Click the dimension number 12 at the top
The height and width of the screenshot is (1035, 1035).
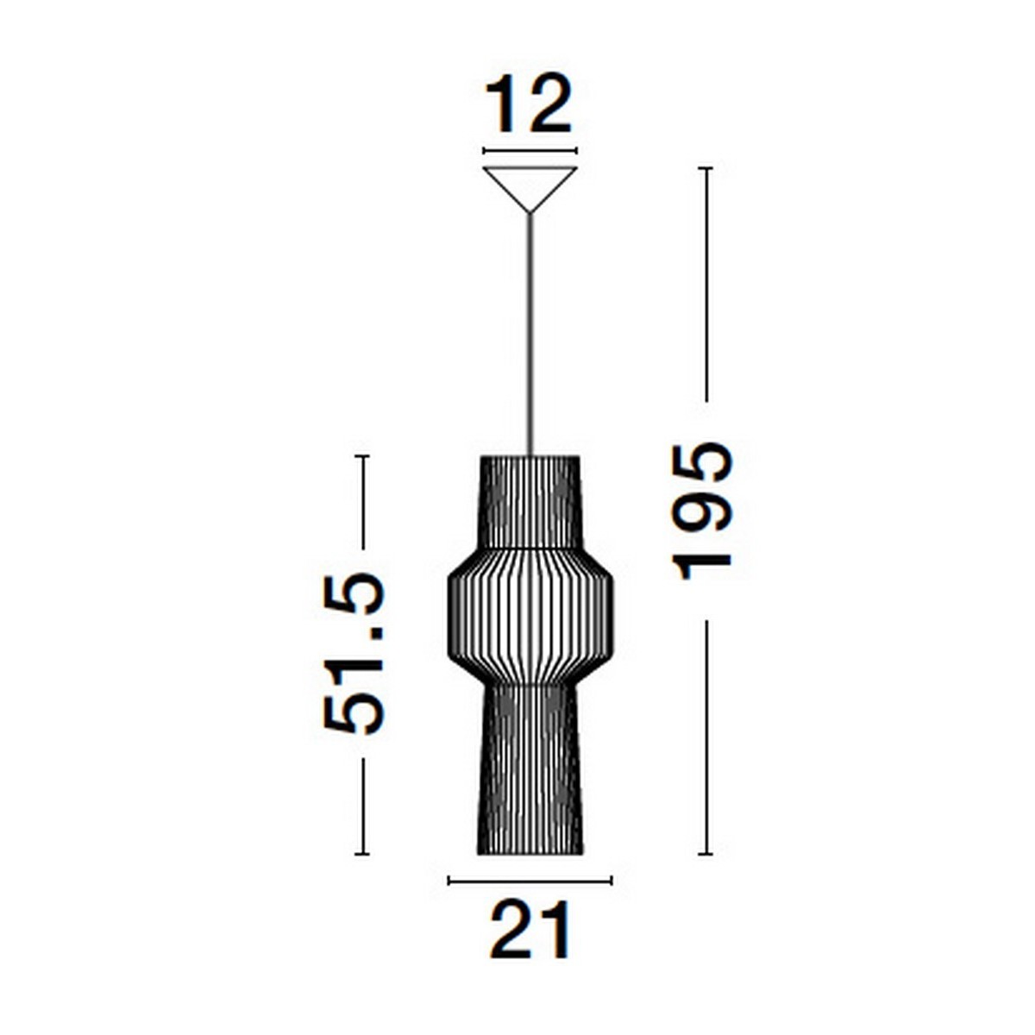click(x=529, y=104)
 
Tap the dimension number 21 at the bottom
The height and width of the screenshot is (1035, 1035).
click(x=530, y=930)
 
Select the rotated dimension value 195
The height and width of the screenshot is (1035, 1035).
click(x=704, y=511)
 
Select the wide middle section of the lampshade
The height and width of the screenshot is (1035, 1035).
click(x=530, y=616)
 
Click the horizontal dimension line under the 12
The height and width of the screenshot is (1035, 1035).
click(x=530, y=151)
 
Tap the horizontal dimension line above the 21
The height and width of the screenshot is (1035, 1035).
click(x=530, y=881)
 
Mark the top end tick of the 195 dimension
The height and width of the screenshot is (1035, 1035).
click(x=706, y=167)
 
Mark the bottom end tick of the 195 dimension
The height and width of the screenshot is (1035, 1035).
click(x=706, y=854)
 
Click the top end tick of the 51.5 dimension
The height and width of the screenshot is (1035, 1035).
click(x=362, y=455)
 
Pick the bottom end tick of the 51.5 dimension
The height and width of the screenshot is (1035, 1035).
click(x=362, y=854)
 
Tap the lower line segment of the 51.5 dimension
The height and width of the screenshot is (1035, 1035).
click(x=362, y=806)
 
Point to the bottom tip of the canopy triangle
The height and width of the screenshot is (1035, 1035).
click(x=530, y=211)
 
